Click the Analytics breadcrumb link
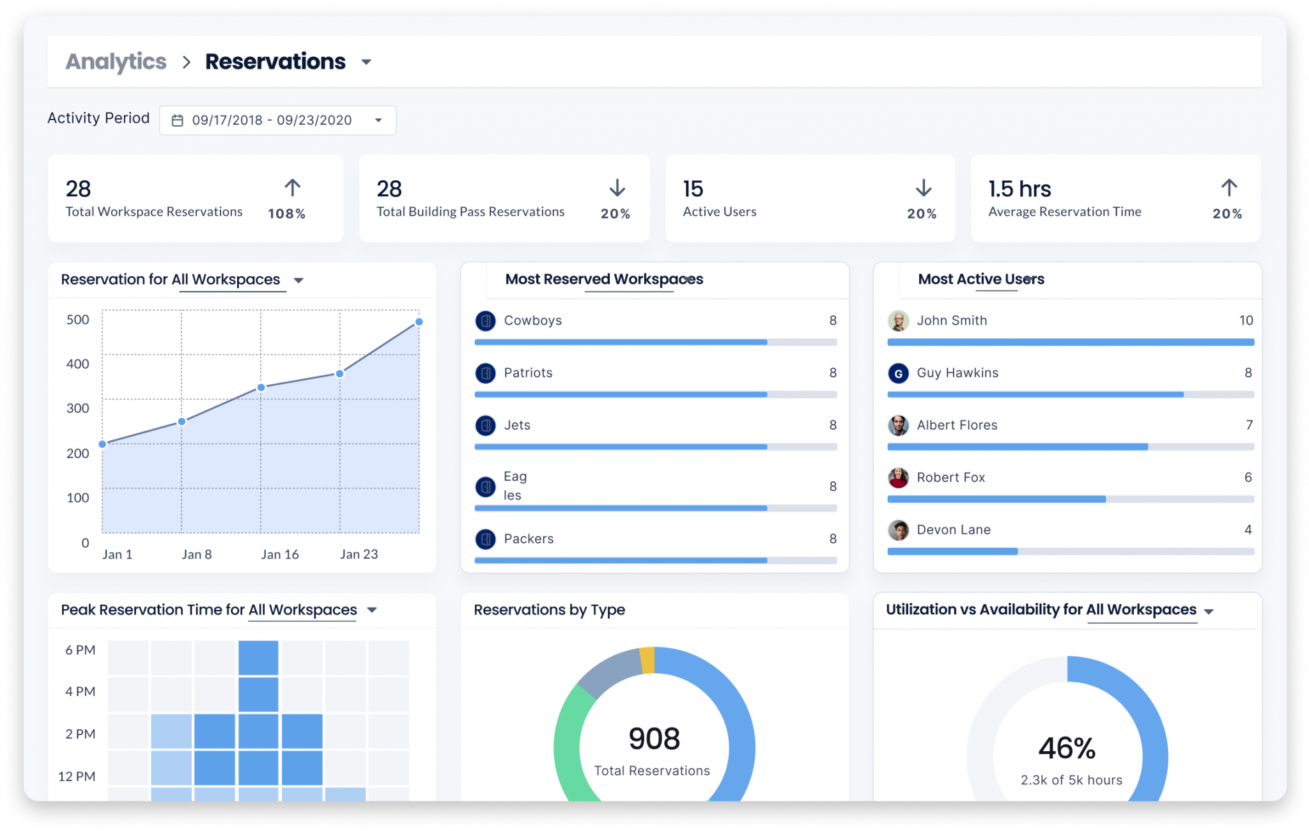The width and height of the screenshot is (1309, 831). tap(116, 62)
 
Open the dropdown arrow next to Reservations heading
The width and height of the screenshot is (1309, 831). tap(366, 62)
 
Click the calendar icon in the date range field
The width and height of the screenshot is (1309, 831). tap(178, 120)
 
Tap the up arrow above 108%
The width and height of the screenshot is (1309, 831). tap(292, 188)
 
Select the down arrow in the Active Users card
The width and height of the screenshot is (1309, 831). tap(923, 188)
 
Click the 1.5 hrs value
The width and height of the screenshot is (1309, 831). tap(1019, 189)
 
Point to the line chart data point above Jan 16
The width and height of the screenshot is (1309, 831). tap(261, 387)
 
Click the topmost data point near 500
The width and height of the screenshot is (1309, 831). tap(419, 322)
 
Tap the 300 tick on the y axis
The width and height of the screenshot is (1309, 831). tap(78, 408)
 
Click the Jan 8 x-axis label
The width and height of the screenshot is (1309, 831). tap(196, 554)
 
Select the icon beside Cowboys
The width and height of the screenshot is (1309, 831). tap(486, 320)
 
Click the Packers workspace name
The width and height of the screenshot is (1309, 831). tap(529, 539)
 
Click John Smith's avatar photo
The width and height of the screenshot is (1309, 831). tap(898, 320)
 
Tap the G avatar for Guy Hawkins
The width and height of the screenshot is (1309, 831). tap(898, 373)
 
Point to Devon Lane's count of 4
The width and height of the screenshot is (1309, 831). tap(1248, 529)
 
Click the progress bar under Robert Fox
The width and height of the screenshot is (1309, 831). tap(1070, 499)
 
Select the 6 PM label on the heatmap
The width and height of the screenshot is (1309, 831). tap(81, 650)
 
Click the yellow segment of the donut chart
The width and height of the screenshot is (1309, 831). tap(647, 660)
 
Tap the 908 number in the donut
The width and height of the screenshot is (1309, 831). tap(654, 739)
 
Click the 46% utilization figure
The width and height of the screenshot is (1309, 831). tap(1066, 748)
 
